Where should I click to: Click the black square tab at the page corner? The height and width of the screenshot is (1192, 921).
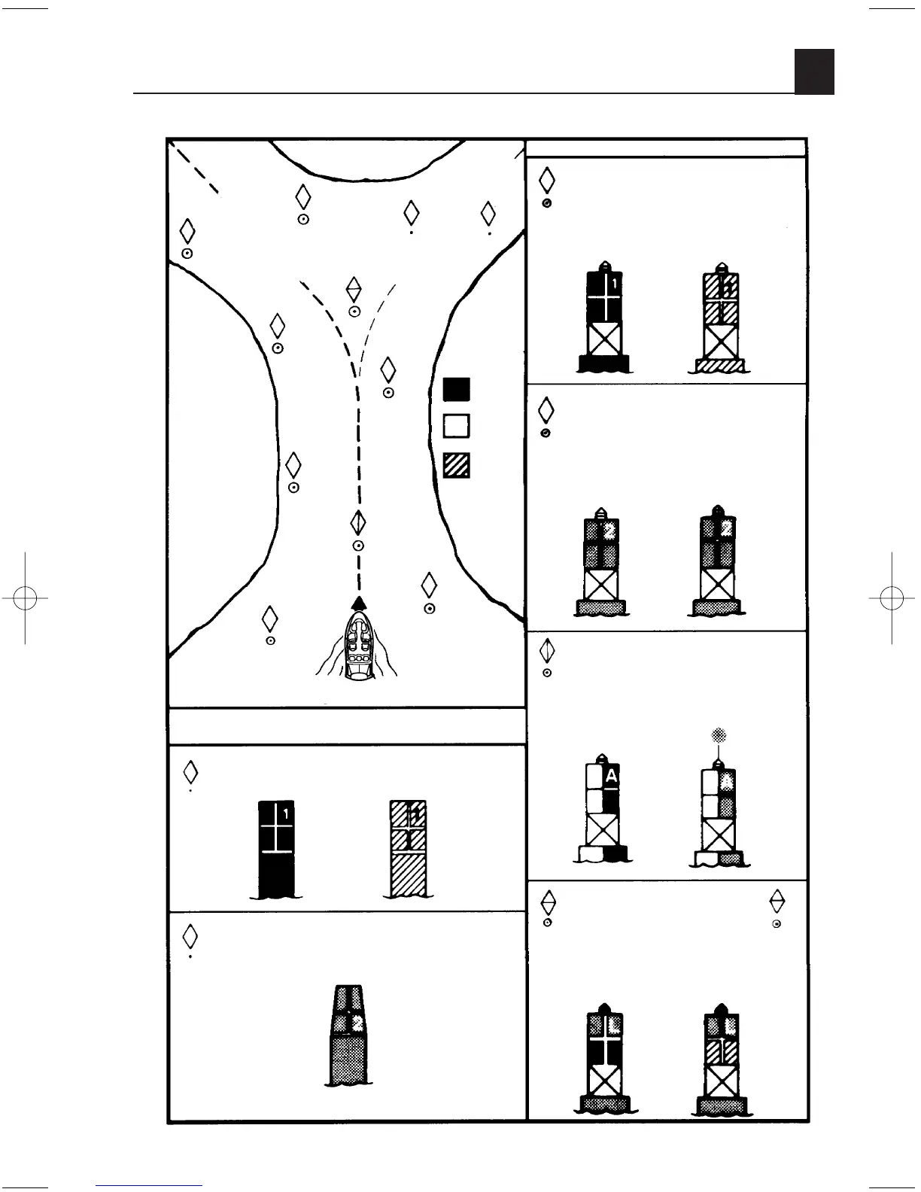[x=814, y=72]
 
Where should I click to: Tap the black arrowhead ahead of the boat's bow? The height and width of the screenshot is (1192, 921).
[x=359, y=601]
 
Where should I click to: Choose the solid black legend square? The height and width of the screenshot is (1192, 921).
[x=456, y=390]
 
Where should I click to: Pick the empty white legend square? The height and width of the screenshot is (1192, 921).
[x=456, y=426]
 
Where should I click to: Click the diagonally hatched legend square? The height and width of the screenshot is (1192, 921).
[x=456, y=464]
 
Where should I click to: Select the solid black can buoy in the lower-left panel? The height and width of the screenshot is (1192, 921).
[x=276, y=849]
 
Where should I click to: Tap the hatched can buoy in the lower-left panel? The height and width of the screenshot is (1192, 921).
[x=409, y=849]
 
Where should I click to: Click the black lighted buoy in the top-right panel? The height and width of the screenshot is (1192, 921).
[x=603, y=318]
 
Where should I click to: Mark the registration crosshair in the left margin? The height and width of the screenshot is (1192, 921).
[x=25, y=598]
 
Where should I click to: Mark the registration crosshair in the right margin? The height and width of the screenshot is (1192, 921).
[x=892, y=598]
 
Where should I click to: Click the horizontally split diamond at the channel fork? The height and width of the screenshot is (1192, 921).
[x=354, y=290]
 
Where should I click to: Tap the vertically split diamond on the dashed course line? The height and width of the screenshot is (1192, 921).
[x=359, y=522]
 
